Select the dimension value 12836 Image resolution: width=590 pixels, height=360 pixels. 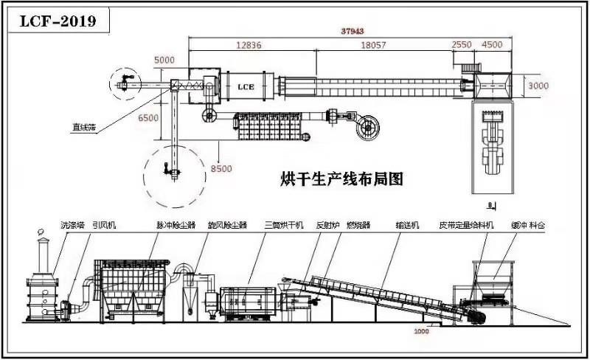tap(249, 45)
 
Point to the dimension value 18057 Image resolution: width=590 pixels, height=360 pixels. tap(373, 45)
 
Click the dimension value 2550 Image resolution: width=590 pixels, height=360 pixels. tap(461, 45)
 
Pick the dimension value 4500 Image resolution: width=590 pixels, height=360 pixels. tap(492, 45)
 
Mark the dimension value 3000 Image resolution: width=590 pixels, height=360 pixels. tap(538, 86)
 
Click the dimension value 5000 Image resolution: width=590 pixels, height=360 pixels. tap(165, 60)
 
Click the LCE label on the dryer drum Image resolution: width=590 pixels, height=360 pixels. tap(246, 87)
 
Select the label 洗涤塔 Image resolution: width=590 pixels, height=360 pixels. tap(72, 224)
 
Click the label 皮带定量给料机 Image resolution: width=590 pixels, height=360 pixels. tap(466, 224)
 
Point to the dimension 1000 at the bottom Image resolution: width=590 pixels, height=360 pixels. tap(421, 331)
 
